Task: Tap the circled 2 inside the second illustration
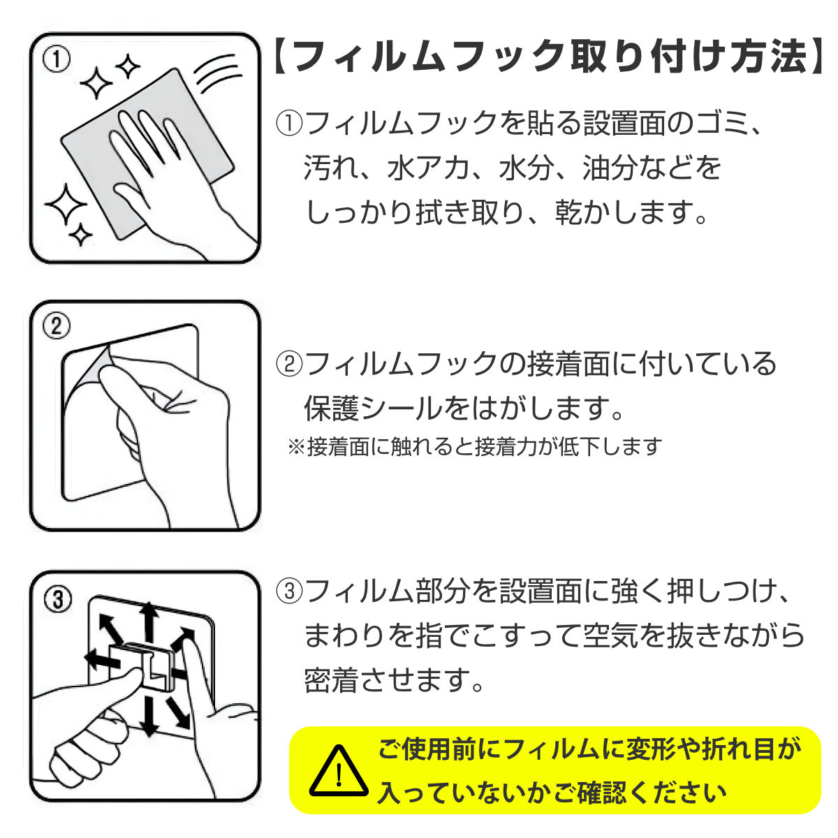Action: pyautogui.click(x=57, y=326)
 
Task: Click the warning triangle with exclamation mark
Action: pyautogui.click(x=339, y=770)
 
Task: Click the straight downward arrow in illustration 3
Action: pyautogui.click(x=148, y=716)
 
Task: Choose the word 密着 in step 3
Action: pyautogui.click(x=331, y=679)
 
